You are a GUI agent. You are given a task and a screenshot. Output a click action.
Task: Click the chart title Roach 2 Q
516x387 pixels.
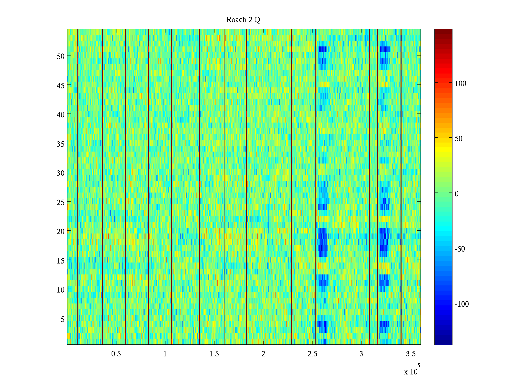(x=243, y=20)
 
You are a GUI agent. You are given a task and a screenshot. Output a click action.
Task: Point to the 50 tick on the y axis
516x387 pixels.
(x=60, y=56)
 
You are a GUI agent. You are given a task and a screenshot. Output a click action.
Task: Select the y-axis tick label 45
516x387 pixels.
(x=60, y=85)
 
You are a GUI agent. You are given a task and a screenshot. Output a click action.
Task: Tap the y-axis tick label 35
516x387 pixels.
(x=60, y=144)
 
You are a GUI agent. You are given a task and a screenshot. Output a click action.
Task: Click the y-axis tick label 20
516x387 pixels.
(x=60, y=231)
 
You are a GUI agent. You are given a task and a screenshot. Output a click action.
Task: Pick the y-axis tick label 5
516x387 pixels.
(x=62, y=319)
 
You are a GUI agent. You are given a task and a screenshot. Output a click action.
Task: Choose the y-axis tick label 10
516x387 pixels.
(x=60, y=290)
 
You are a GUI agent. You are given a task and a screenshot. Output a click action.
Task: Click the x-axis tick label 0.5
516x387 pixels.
(x=116, y=354)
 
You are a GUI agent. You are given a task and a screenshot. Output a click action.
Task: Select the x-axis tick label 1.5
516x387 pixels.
(x=214, y=354)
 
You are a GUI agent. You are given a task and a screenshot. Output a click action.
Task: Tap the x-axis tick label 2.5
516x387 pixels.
(x=312, y=354)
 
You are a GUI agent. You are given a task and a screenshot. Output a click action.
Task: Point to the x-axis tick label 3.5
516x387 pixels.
(x=411, y=354)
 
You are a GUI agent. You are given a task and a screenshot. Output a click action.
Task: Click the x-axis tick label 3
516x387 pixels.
(x=361, y=354)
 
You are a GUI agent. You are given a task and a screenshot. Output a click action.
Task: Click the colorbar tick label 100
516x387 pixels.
(x=460, y=84)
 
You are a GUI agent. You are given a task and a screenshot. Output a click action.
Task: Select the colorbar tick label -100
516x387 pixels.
(x=461, y=304)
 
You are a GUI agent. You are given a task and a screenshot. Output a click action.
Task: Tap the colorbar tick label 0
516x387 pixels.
(x=456, y=194)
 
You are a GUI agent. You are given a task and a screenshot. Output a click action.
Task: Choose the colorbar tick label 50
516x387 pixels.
(x=458, y=139)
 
